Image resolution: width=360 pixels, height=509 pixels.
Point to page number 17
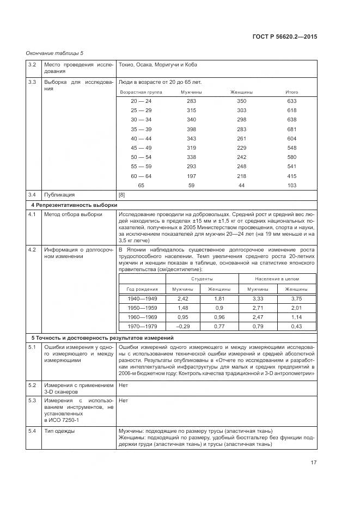coord(314,463)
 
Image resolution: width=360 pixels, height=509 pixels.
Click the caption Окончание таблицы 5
coord(54,53)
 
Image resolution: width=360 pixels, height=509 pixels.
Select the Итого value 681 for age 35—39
coord(291,129)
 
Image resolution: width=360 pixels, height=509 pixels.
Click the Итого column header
coord(291,92)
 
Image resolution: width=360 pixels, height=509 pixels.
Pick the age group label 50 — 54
coord(141,157)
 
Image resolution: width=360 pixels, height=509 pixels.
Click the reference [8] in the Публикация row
coord(122,194)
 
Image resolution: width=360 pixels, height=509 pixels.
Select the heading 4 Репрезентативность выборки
coord(66,205)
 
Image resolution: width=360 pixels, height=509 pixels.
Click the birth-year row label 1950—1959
coord(142,308)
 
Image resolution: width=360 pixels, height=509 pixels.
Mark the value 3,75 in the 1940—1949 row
coord(296,299)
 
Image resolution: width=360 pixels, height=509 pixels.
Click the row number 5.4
coord(32,432)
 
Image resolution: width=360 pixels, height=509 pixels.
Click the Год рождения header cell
coord(142,289)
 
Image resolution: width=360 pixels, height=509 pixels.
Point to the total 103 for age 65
coord(291,185)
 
